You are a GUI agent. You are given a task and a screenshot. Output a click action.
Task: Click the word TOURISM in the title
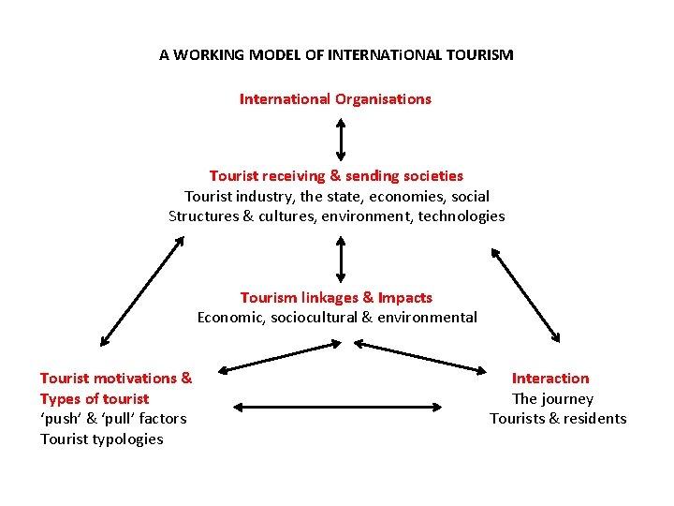coord(479,54)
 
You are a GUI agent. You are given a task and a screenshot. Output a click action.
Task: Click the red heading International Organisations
coord(335,98)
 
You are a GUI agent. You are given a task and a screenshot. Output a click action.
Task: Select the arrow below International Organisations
coord(340,138)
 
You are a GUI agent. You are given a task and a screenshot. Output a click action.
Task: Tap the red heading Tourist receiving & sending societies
coord(336,175)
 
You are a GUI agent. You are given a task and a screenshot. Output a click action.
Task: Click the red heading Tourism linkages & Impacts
coord(336,297)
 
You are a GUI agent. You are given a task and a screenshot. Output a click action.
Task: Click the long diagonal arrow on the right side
coord(526,294)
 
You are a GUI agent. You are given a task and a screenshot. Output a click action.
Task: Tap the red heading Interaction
coord(550,378)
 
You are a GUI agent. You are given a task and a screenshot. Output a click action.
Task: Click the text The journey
coord(552,398)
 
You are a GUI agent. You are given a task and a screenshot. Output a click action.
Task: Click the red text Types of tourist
coord(94,398)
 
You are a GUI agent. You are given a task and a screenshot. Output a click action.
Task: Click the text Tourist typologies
coord(101,439)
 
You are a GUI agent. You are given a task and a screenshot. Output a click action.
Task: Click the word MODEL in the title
coord(276,54)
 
